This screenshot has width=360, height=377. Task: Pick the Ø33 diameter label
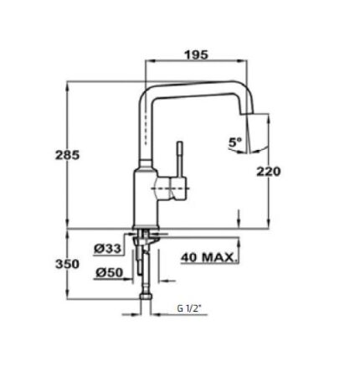[108, 249]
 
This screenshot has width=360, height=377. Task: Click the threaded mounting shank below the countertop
[147, 243]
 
